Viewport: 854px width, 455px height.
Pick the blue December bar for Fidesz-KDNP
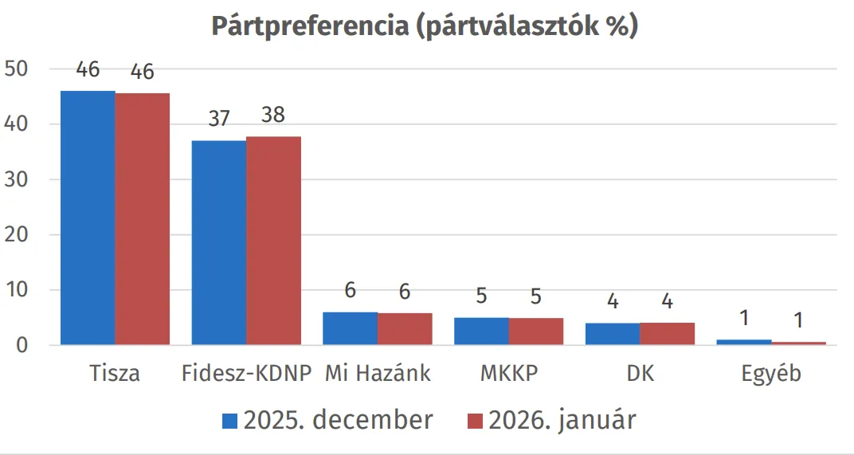(219, 243)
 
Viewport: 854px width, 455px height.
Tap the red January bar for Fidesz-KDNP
(273, 241)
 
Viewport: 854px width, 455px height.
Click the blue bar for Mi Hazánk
(350, 328)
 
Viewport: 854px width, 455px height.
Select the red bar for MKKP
(536, 331)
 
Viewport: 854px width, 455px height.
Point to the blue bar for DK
(612, 334)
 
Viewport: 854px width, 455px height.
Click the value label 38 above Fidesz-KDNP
(273, 115)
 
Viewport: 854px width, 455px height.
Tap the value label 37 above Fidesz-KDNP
(218, 119)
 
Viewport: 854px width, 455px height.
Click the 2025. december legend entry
(327, 420)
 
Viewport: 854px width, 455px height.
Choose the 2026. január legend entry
(550, 420)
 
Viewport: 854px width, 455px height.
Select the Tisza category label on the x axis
(115, 373)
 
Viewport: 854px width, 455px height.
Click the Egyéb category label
(770, 373)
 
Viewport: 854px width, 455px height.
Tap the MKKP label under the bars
(509, 373)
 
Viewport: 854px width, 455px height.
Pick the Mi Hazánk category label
(378, 373)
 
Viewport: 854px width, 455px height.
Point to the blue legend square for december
(229, 421)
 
